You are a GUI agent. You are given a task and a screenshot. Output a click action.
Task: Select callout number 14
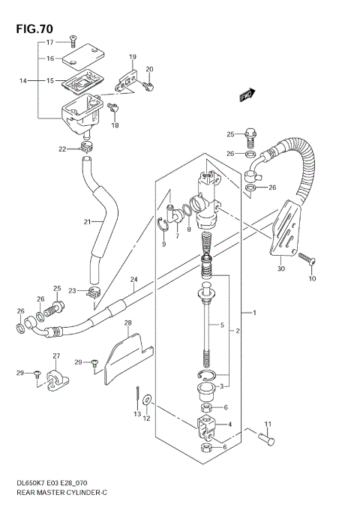pos(23,80)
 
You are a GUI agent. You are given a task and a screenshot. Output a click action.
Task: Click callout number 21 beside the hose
pos(87,221)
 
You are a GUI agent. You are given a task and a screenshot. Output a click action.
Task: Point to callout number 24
pos(133,280)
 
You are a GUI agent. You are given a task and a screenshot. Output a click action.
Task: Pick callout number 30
pos(280,268)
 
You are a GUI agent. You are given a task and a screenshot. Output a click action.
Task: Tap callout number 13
pos(136,413)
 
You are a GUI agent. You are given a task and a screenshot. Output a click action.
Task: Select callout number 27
pos(55,355)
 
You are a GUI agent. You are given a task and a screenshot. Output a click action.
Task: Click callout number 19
pos(132,57)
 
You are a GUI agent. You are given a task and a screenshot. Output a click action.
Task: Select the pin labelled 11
pos(265,442)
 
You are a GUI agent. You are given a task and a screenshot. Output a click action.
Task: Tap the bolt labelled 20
pos(151,87)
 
